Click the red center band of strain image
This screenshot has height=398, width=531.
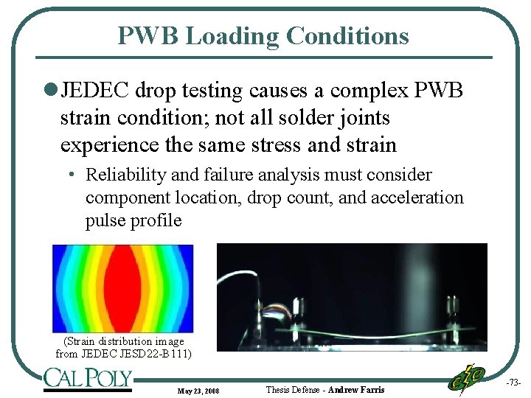[122, 288]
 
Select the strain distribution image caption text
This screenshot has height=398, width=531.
[123, 347]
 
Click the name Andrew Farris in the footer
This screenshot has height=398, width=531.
[356, 389]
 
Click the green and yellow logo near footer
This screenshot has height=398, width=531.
[466, 380]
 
